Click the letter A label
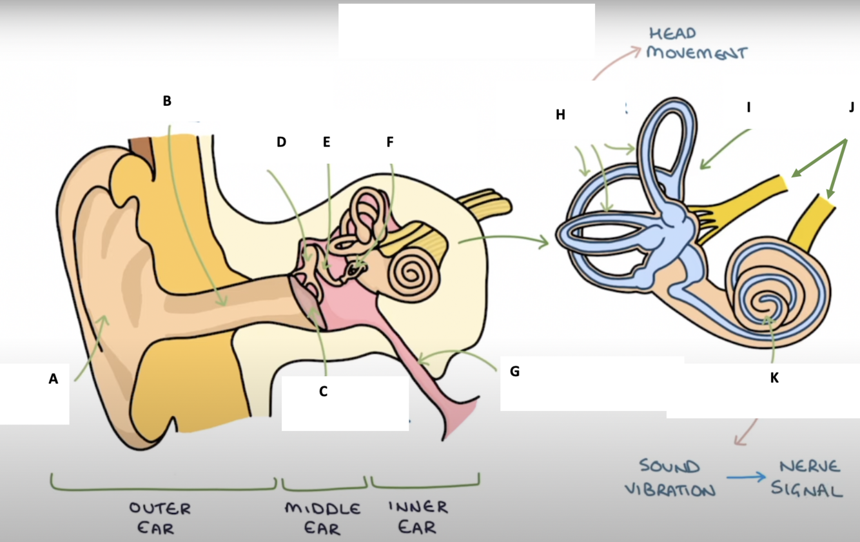[54, 379]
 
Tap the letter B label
[167, 101]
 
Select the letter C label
[324, 391]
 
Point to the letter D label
[281, 142]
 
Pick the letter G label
[514, 372]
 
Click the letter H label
[560, 115]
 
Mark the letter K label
[774, 378]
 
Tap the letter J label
[852, 107]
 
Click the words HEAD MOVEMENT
[696, 43]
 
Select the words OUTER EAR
[160, 518]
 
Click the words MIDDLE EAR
[322, 518]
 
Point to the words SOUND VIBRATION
[669, 478]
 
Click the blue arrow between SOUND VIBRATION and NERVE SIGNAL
[747, 477]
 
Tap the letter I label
[748, 107]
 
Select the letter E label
[326, 142]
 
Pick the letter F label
[389, 142]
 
